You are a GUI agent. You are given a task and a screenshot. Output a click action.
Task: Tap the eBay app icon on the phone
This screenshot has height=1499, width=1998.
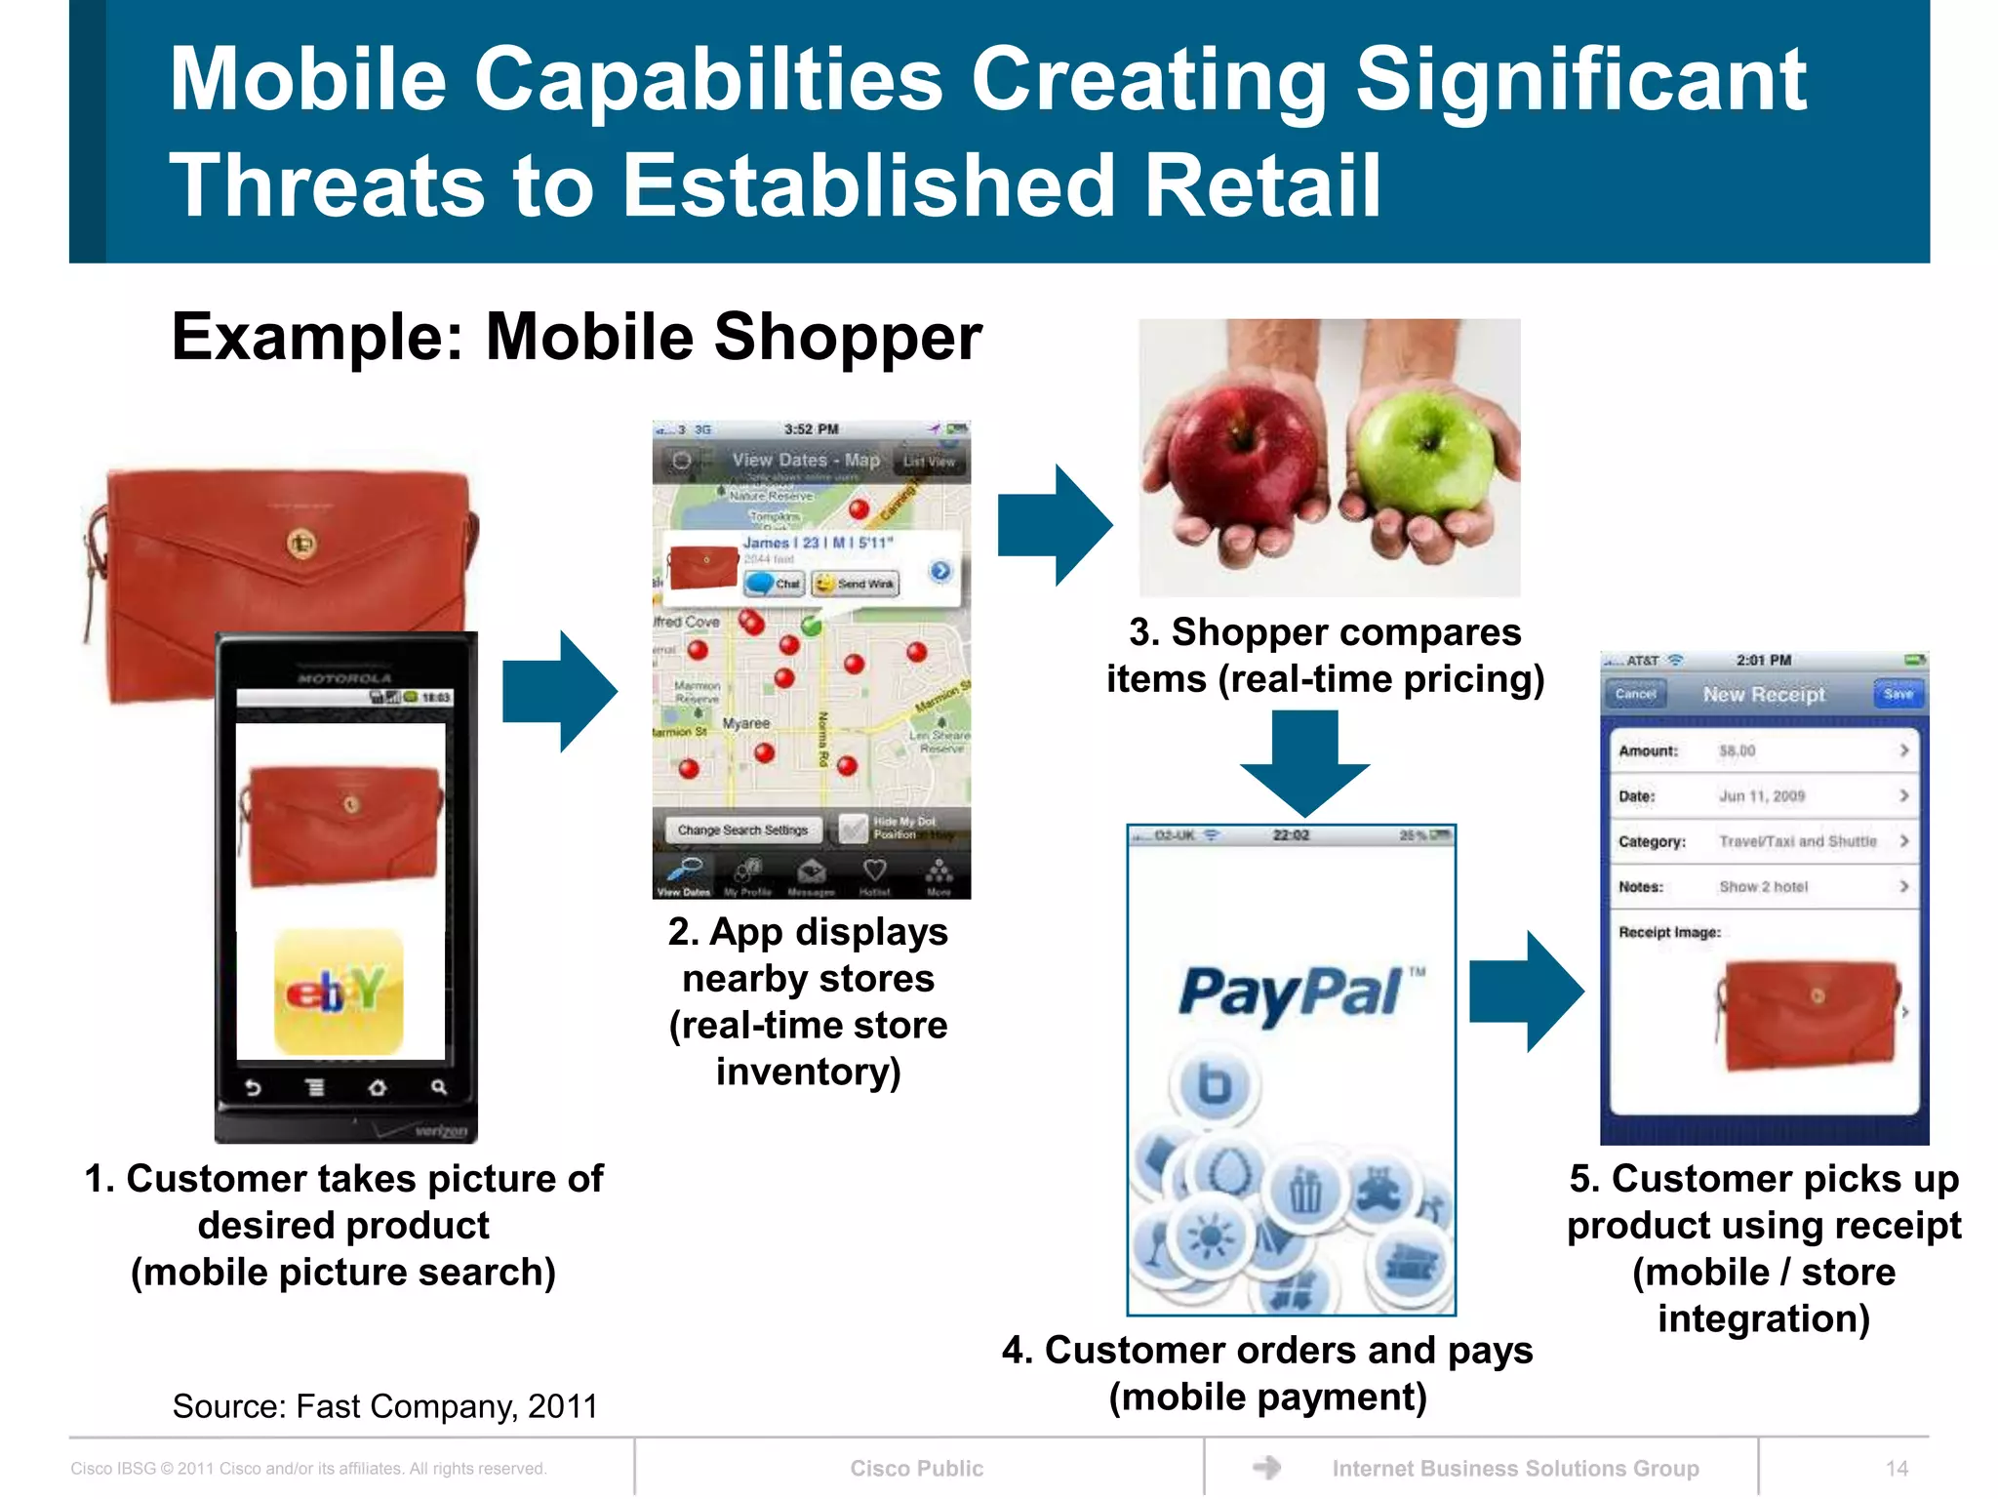339,992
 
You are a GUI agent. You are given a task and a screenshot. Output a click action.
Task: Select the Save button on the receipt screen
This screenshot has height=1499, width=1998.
1898,694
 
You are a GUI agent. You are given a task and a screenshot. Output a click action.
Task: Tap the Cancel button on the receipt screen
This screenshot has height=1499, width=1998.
1636,694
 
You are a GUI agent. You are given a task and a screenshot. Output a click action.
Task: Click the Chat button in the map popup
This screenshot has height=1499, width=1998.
776,584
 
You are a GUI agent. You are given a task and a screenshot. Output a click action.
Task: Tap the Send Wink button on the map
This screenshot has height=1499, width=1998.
857,584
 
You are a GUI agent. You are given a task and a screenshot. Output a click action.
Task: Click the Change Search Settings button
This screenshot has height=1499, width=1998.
742,830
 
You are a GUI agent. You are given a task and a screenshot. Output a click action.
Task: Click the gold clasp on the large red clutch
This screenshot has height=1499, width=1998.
301,544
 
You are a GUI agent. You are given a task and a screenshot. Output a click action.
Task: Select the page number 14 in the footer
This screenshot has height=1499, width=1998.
1897,1468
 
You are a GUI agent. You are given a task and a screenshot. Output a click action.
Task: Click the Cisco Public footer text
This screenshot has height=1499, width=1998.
916,1468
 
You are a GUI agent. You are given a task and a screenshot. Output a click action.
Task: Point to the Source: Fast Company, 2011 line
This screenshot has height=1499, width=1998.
384,1406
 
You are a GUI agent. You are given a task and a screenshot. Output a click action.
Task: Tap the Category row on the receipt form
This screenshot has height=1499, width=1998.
1763,841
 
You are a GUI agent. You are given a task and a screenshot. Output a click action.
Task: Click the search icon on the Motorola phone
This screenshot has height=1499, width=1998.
438,1087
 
